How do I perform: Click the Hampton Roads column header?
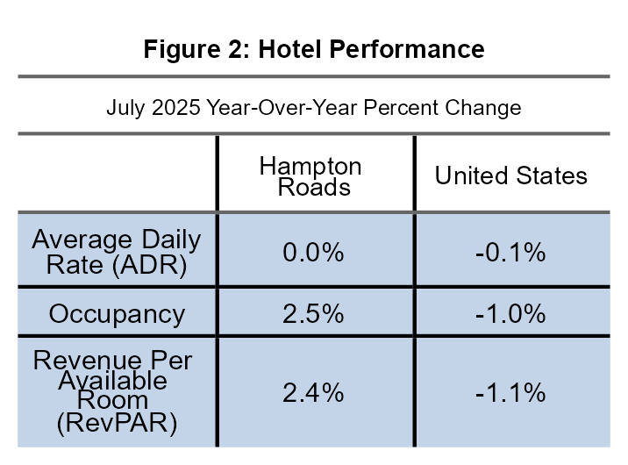(x=310, y=176)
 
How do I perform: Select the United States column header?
(x=511, y=175)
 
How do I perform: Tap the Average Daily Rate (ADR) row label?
(x=117, y=253)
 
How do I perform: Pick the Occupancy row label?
(x=117, y=313)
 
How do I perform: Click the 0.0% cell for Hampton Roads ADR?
(x=313, y=253)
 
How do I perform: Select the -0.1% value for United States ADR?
(x=510, y=253)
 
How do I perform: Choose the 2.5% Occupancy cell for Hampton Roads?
(x=313, y=313)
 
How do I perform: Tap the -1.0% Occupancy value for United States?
(x=510, y=313)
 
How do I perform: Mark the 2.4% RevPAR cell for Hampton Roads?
(x=313, y=393)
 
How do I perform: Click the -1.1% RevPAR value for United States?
(x=510, y=393)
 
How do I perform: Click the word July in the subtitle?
(x=124, y=108)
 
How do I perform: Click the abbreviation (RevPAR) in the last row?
(x=117, y=425)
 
